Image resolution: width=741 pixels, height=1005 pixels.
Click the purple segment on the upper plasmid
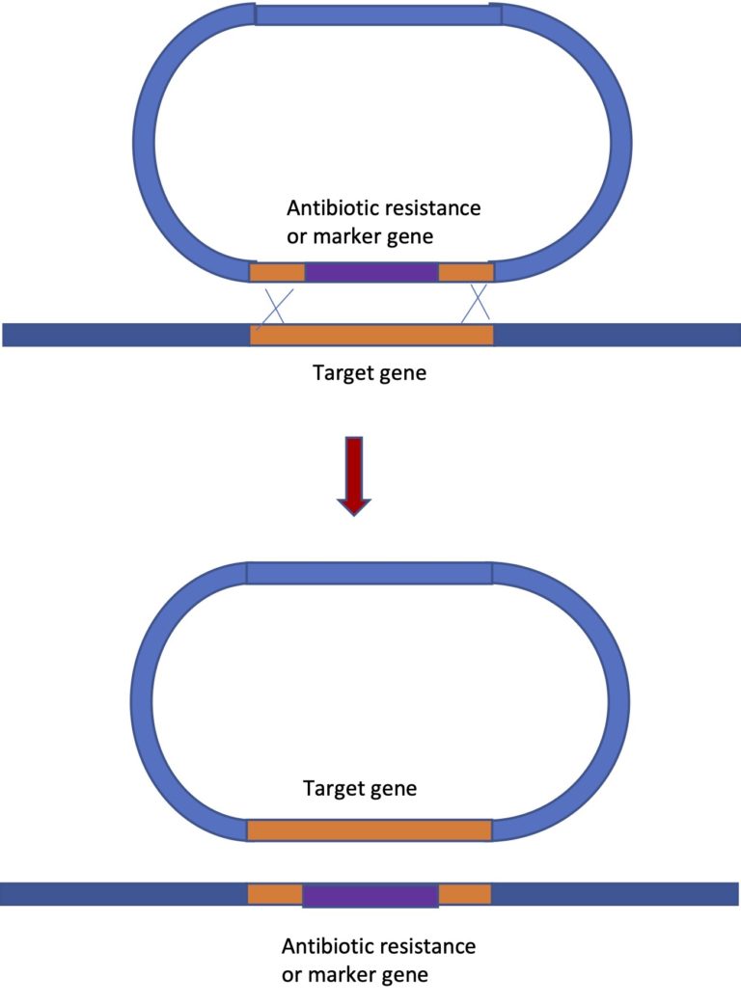[x=371, y=272]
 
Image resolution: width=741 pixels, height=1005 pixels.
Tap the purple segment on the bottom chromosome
[x=370, y=895]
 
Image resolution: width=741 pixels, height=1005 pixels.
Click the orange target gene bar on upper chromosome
[x=371, y=335]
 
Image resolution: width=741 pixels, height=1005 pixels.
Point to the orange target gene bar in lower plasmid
[x=370, y=830]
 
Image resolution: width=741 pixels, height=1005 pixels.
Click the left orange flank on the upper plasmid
[x=278, y=272]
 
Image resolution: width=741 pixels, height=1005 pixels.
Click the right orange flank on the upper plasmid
[x=466, y=272]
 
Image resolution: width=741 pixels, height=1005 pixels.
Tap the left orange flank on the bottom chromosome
[x=275, y=894]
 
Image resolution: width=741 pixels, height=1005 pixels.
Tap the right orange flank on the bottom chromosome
[x=465, y=894]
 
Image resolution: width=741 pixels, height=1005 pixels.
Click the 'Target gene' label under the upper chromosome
[x=370, y=372]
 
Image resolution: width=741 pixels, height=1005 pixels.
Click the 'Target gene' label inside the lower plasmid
[x=360, y=788]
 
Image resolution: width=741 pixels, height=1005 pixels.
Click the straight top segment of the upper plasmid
[x=377, y=14]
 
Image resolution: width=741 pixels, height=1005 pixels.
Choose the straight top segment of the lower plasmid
[x=370, y=573]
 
